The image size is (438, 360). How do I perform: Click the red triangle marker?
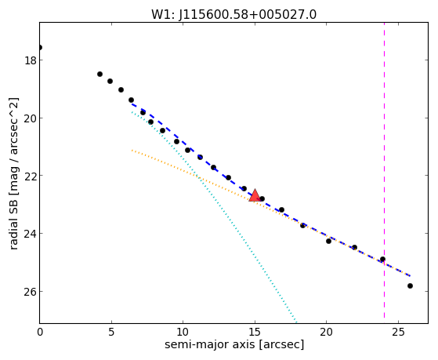pos(255,195)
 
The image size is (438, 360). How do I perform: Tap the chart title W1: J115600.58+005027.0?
pos(233,14)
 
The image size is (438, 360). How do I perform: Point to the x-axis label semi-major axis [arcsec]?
pos(234,344)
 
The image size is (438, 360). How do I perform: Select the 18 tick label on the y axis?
pos(30,60)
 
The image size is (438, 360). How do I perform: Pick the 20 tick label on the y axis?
pos(30,118)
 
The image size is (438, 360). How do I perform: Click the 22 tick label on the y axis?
pos(30,176)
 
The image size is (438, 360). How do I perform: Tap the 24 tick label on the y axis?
pos(30,233)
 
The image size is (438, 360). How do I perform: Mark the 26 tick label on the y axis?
pos(30,291)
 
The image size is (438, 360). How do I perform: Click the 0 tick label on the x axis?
pos(40,332)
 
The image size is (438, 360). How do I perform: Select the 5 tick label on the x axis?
pos(111,332)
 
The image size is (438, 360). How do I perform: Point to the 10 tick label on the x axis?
pos(183,332)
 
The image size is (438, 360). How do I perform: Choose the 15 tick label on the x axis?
pos(255,332)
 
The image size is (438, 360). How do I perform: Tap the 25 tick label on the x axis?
pos(398,332)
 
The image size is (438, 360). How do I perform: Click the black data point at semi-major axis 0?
pos(40,47)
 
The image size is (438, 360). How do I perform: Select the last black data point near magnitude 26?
pos(410,285)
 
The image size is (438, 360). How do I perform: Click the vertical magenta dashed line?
pos(385,170)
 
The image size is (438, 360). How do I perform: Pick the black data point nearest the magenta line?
pos(382,260)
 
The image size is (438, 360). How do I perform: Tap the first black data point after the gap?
pos(100,75)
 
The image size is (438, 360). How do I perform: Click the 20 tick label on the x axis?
pos(326,332)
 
